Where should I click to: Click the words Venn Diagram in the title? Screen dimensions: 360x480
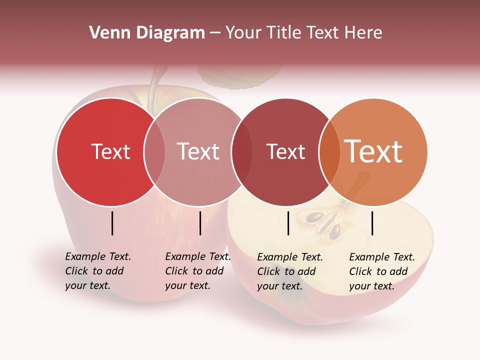coord(147,33)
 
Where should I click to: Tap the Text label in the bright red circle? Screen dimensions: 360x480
coord(110,151)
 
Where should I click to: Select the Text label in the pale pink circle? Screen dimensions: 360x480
coord(198,151)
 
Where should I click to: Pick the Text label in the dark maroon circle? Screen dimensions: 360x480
coord(285,151)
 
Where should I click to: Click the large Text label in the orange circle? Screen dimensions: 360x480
coord(373,151)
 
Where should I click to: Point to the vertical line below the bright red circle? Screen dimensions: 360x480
coord(112,223)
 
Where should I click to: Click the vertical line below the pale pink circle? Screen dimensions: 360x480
coord(200,223)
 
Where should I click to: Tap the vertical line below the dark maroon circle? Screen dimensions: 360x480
coord(288,223)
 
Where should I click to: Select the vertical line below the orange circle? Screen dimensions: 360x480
coord(372,223)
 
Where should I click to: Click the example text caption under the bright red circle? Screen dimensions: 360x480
coord(98,271)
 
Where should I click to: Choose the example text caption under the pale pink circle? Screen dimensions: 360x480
coord(198,271)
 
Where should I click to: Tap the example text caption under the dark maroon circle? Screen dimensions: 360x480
coord(290,271)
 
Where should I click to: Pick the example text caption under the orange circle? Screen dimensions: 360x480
coord(382,271)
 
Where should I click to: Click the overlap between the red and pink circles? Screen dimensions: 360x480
coord(154,152)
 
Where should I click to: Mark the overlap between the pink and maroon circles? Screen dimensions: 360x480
coord(242,152)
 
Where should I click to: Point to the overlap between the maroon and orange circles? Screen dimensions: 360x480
coord(329,152)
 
